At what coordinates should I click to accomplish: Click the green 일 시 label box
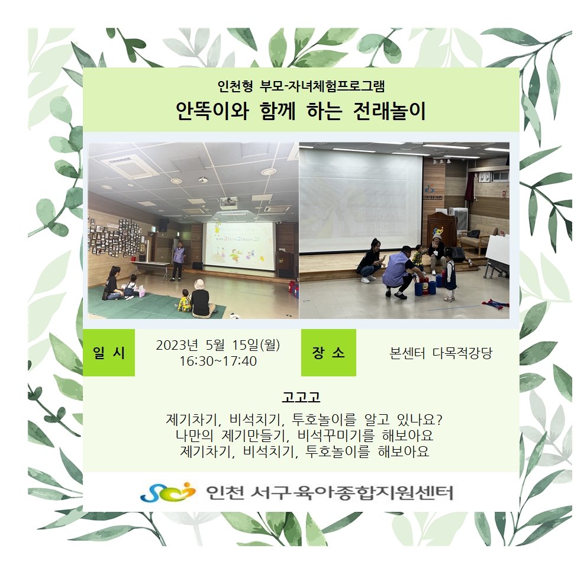tap(108, 352)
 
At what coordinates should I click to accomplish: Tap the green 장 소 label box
tap(328, 352)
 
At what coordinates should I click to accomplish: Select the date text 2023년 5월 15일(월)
tap(218, 345)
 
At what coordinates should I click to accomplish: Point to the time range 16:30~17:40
tap(218, 361)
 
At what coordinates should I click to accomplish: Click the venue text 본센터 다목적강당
tap(441, 353)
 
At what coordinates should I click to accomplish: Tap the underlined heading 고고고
tap(301, 397)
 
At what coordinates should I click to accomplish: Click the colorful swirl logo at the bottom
tap(167, 492)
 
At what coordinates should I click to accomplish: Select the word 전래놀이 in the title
tap(389, 111)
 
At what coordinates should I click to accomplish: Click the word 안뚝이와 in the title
tap(212, 111)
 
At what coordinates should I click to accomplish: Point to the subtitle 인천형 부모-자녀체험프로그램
tap(301, 86)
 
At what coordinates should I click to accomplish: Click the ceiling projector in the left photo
tap(229, 202)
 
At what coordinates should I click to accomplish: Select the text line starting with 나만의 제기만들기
tap(304, 436)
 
